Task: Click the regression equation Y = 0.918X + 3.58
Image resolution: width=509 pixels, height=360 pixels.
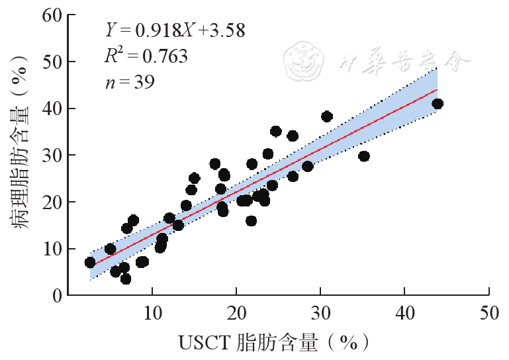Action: pyautogui.click(x=175, y=30)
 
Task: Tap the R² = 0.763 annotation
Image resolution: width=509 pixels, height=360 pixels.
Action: pyautogui.click(x=146, y=56)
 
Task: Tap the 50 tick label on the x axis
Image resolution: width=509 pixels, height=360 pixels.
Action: pyautogui.click(x=488, y=313)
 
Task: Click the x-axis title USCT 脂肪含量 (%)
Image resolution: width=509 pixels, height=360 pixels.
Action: pyautogui.click(x=273, y=343)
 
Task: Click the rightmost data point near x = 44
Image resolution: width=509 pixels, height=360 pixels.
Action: pyautogui.click(x=438, y=104)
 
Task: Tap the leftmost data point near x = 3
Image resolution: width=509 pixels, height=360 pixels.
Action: pyautogui.click(x=90, y=263)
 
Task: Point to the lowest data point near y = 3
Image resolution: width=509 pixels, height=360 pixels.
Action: pyautogui.click(x=126, y=279)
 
